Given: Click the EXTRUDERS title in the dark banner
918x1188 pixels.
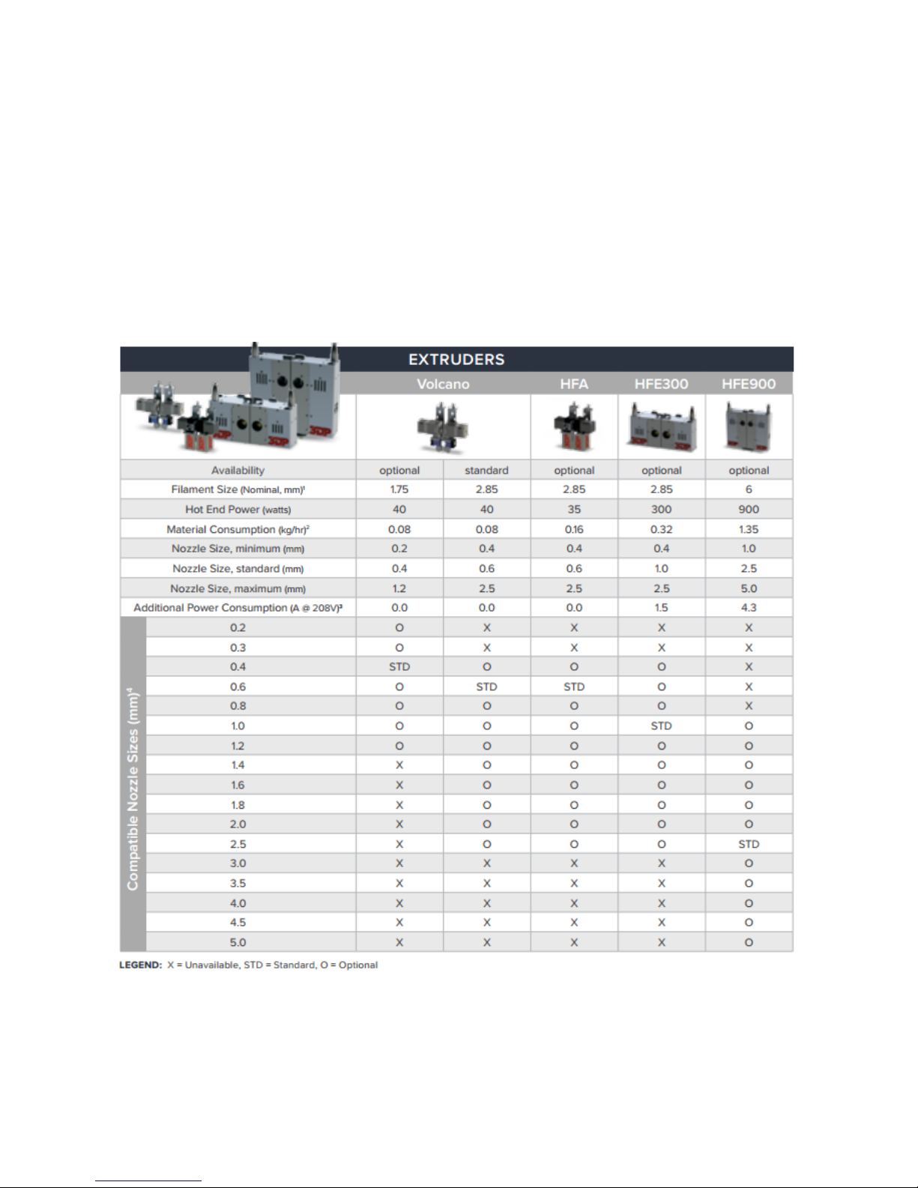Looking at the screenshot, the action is coord(456,359).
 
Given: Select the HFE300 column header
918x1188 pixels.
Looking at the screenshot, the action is coord(661,384).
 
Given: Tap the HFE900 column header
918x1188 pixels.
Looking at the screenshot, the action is coord(749,384).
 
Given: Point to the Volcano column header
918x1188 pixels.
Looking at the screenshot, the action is coord(443,384).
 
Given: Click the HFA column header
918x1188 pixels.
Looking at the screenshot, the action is coord(574,384).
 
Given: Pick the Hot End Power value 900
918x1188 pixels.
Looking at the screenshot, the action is coord(749,509).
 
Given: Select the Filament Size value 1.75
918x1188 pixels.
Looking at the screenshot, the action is coord(399,489).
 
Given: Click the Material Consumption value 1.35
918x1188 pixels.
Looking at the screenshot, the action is coord(749,529).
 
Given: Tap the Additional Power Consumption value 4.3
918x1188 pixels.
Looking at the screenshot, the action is coord(749,607).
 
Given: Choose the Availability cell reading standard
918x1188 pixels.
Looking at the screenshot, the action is coord(486,470).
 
